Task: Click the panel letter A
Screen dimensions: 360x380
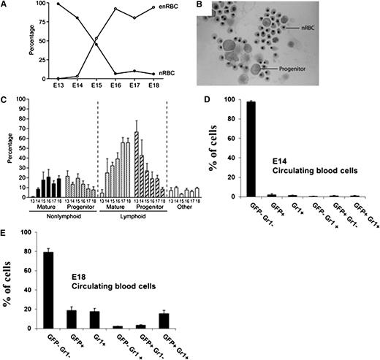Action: [x=5, y=5]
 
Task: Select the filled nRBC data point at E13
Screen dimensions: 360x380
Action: [x=37, y=4]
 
